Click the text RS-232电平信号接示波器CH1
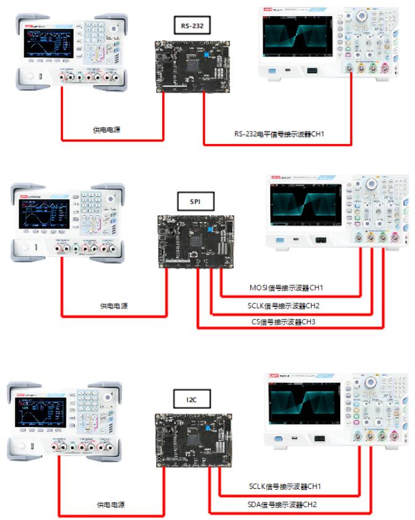(279, 133)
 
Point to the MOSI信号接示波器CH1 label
(287, 287)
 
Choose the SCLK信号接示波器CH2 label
(287, 305)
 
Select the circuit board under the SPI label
(195, 242)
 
